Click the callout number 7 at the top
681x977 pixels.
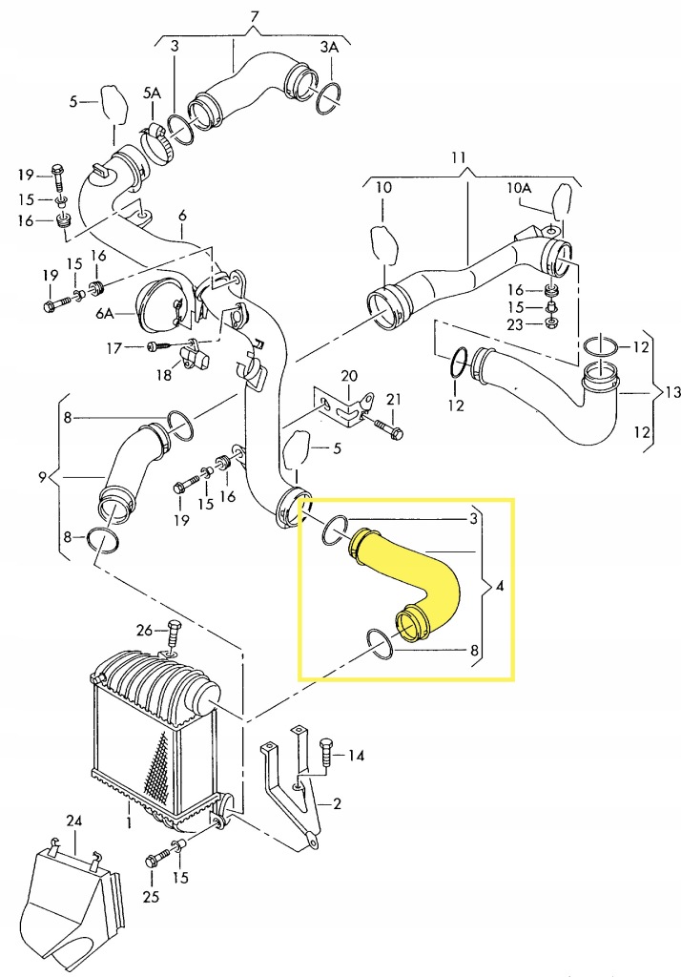click(x=254, y=17)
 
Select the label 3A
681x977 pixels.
click(x=329, y=46)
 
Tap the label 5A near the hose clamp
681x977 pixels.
click(x=153, y=93)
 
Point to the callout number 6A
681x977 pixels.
click(x=105, y=312)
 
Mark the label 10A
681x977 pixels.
click(x=521, y=188)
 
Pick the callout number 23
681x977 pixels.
click(x=515, y=323)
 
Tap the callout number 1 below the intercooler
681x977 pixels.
click(x=129, y=821)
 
